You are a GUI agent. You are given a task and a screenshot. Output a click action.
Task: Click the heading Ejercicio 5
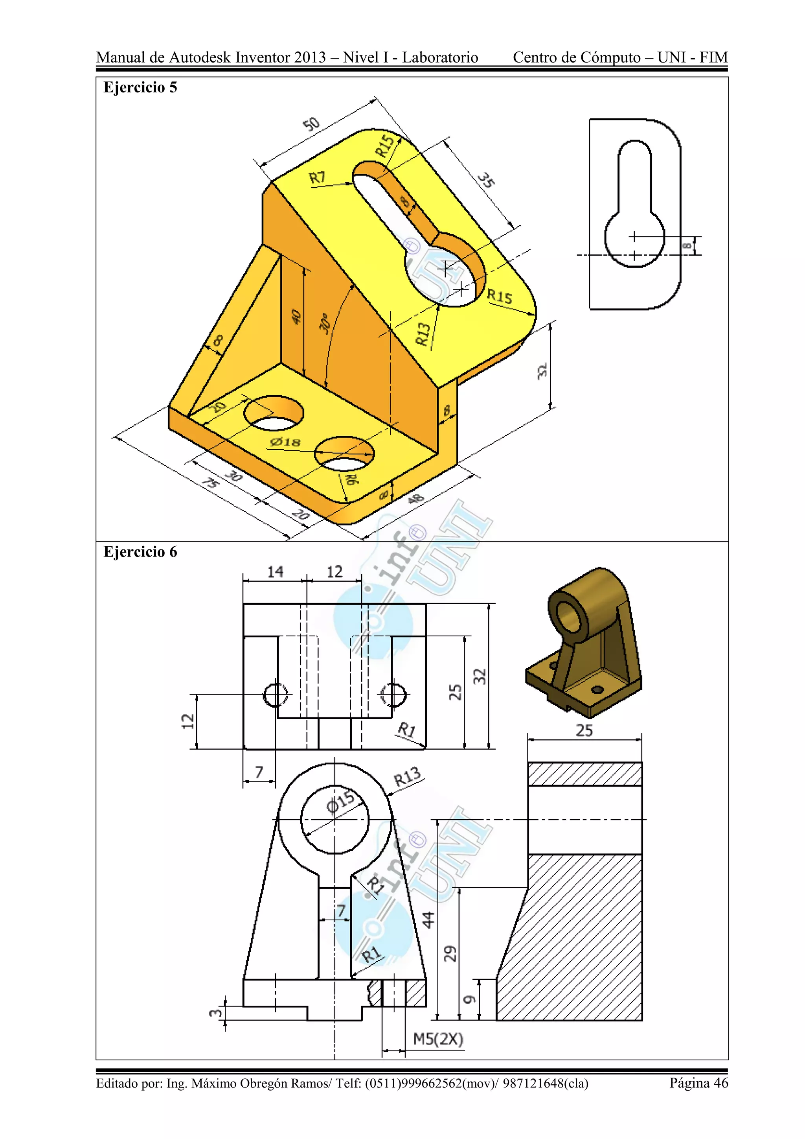pyautogui.click(x=140, y=88)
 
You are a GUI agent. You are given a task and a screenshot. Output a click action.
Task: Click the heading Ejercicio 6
pyautogui.click(x=140, y=552)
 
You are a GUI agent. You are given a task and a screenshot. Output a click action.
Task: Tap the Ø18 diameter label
pyautogui.click(x=285, y=442)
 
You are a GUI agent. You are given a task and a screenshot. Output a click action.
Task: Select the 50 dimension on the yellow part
pyautogui.click(x=311, y=124)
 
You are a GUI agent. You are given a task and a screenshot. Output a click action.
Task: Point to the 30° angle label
pyautogui.click(x=325, y=323)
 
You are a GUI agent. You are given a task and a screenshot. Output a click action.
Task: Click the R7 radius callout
pyautogui.click(x=317, y=178)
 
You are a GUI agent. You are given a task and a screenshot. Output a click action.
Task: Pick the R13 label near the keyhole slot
pyautogui.click(x=423, y=334)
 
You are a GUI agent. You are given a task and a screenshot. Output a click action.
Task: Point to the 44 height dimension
pyautogui.click(x=428, y=919)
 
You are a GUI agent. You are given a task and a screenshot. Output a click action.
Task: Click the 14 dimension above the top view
pyautogui.click(x=275, y=572)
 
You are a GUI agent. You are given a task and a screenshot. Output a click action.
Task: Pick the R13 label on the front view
pyautogui.click(x=407, y=776)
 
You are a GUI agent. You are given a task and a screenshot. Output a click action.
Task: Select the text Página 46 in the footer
pyautogui.click(x=698, y=1082)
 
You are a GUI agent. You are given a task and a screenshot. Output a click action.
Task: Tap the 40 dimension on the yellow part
pyautogui.click(x=296, y=317)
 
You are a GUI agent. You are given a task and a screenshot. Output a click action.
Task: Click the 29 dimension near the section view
pyautogui.click(x=450, y=953)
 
